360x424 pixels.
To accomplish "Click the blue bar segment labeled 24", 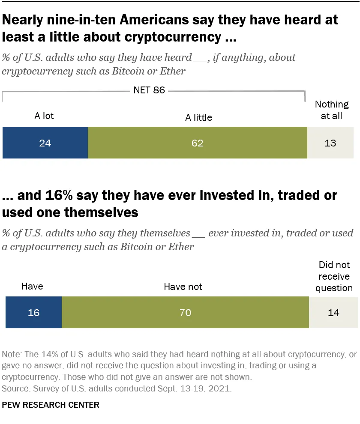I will (x=45, y=143).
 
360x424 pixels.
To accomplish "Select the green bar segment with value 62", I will (x=197, y=143).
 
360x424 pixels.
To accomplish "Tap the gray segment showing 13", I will (x=330, y=143).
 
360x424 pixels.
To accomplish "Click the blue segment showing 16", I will (x=33, y=313).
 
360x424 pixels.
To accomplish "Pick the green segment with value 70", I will (x=185, y=313).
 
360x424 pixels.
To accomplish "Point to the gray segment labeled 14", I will (x=333, y=313).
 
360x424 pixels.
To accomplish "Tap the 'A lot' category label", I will (x=44, y=116).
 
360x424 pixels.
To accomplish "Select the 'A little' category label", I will (x=198, y=117).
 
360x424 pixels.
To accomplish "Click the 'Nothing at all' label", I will (x=332, y=110).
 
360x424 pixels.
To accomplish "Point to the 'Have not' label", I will (x=183, y=287).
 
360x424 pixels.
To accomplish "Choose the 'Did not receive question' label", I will (x=334, y=276).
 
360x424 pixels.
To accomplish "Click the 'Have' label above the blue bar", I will (x=32, y=286).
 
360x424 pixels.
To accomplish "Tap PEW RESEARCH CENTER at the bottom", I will (x=51, y=405).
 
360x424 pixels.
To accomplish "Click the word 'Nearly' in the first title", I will (x=23, y=20).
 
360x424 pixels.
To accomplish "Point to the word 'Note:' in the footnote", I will (x=12, y=355).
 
